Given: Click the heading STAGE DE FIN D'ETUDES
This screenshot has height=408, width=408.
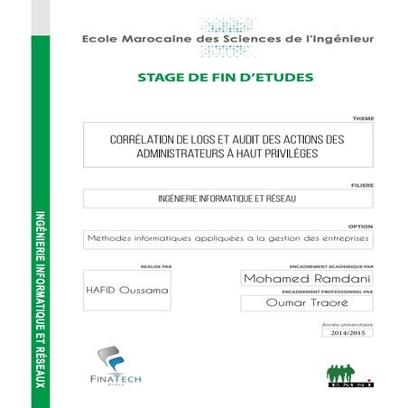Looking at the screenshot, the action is (x=225, y=77).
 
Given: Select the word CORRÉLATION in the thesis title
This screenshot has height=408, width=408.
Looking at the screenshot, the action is (x=144, y=140).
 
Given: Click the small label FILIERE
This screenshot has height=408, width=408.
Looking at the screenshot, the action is (x=362, y=184).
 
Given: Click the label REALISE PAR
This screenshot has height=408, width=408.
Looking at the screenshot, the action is (x=156, y=266).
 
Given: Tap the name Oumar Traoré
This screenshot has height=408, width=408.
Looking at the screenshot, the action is (x=307, y=304).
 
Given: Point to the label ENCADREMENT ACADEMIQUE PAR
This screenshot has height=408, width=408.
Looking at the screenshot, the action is (x=331, y=267).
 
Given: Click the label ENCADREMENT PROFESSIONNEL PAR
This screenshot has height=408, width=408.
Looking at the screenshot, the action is (x=327, y=292).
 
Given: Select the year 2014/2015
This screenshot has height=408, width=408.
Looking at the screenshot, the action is (x=347, y=333).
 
